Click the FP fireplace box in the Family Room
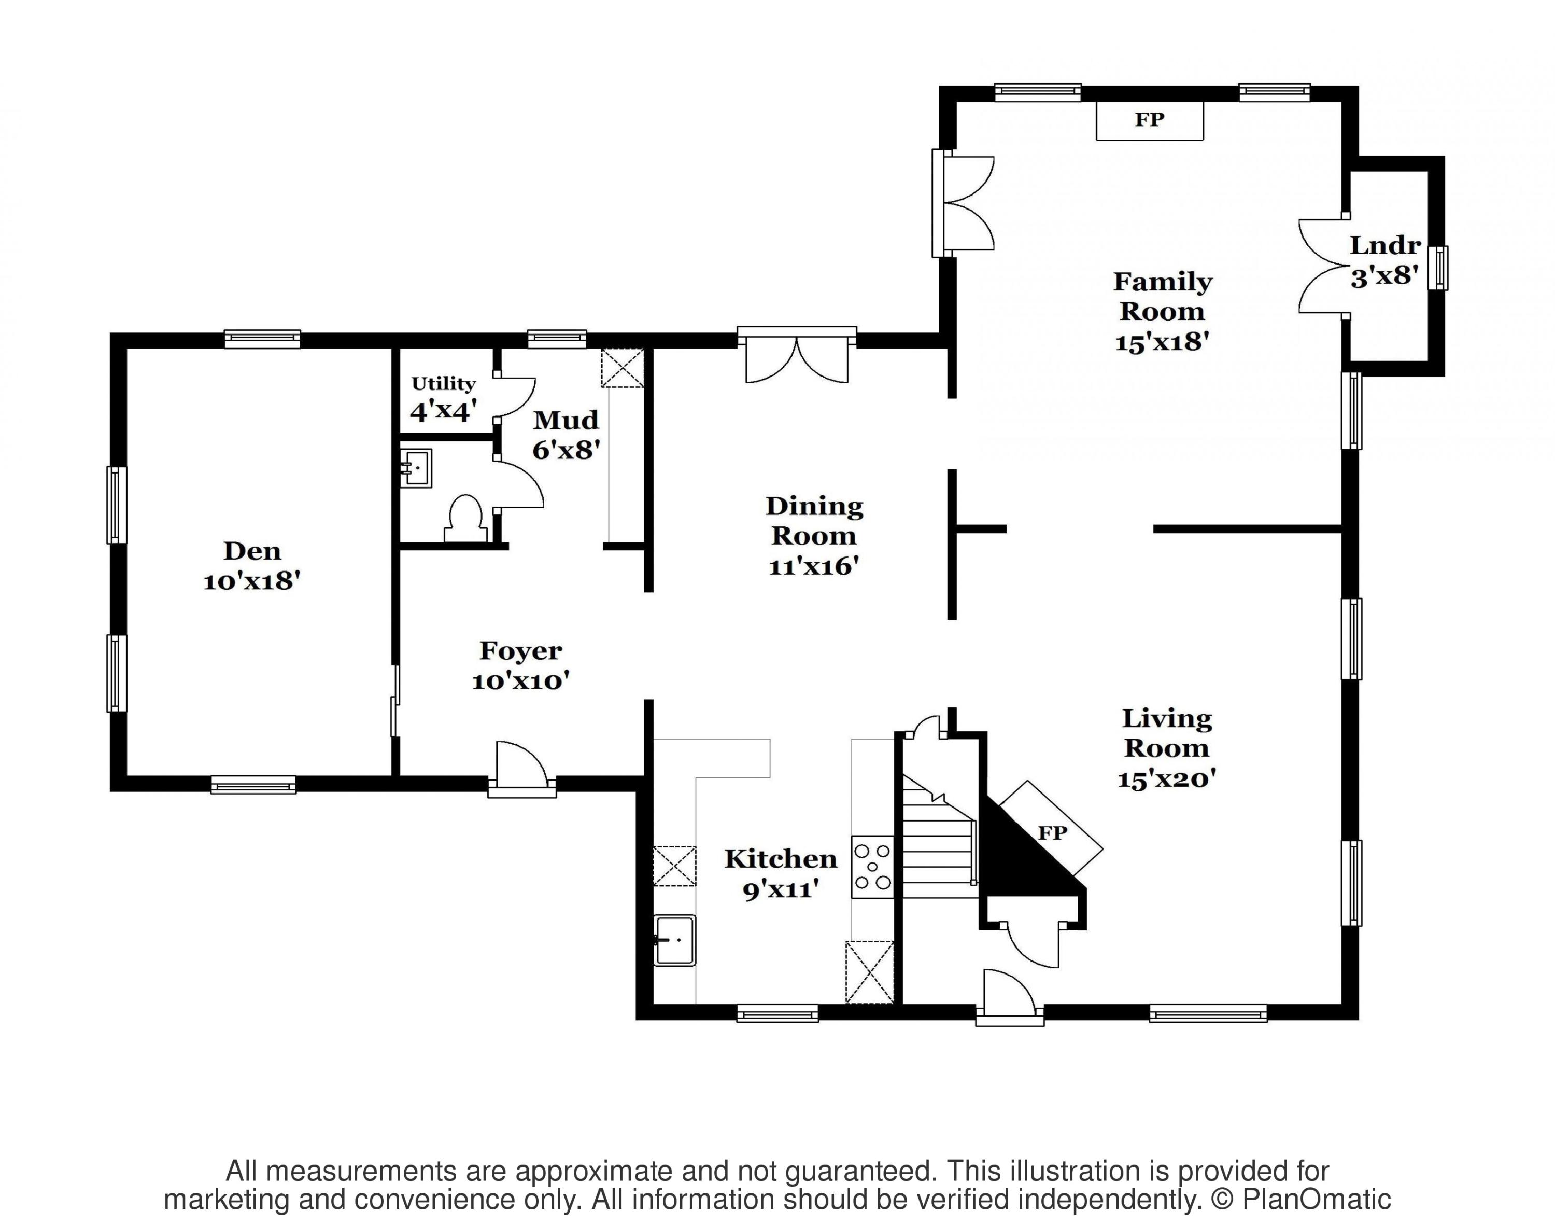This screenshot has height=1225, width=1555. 1149,120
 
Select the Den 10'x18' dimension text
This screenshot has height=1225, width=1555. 251,581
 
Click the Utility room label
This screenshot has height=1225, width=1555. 443,384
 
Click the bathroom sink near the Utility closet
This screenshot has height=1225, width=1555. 416,468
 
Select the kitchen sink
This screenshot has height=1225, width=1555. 674,940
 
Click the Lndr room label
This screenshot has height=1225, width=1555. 1385,245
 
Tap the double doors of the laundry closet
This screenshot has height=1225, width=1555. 1323,266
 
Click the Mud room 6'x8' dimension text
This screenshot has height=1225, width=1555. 566,450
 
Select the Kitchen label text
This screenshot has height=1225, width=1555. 781,858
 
